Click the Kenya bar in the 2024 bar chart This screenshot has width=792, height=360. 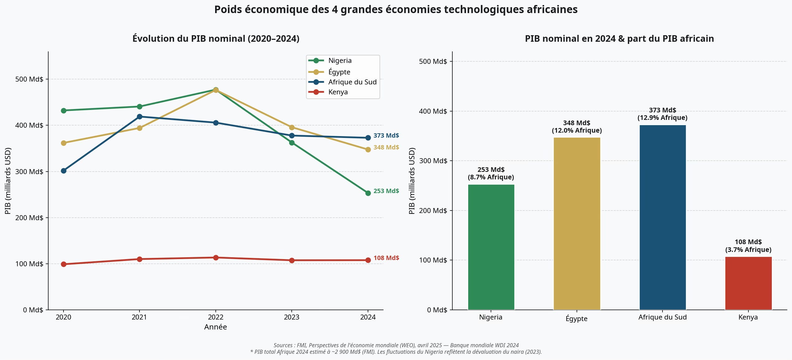coord(748,283)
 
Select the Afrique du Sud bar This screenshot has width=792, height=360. coord(662,217)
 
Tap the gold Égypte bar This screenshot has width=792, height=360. coord(577,224)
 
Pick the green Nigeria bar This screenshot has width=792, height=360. coord(491,247)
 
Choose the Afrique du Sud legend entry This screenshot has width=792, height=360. coord(342,82)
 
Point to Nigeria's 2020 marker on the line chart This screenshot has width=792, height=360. coord(64,111)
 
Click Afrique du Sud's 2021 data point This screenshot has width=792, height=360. coord(139,117)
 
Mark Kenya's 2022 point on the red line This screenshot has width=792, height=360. coord(216,258)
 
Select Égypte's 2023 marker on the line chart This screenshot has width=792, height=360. coord(292,127)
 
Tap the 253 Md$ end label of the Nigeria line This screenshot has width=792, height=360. coord(386,191)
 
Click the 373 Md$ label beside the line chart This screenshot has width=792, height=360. coord(386,135)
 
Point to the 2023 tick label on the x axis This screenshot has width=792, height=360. coord(291,317)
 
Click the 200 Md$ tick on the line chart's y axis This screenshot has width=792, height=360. coord(29,218)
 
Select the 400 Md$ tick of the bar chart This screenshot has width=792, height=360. coord(433,111)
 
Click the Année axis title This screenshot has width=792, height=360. coord(215,327)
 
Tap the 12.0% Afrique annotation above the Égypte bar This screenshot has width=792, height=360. coord(577,130)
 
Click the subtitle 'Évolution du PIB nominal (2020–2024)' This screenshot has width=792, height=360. coord(216,39)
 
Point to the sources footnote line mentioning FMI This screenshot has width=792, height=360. coord(396,345)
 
